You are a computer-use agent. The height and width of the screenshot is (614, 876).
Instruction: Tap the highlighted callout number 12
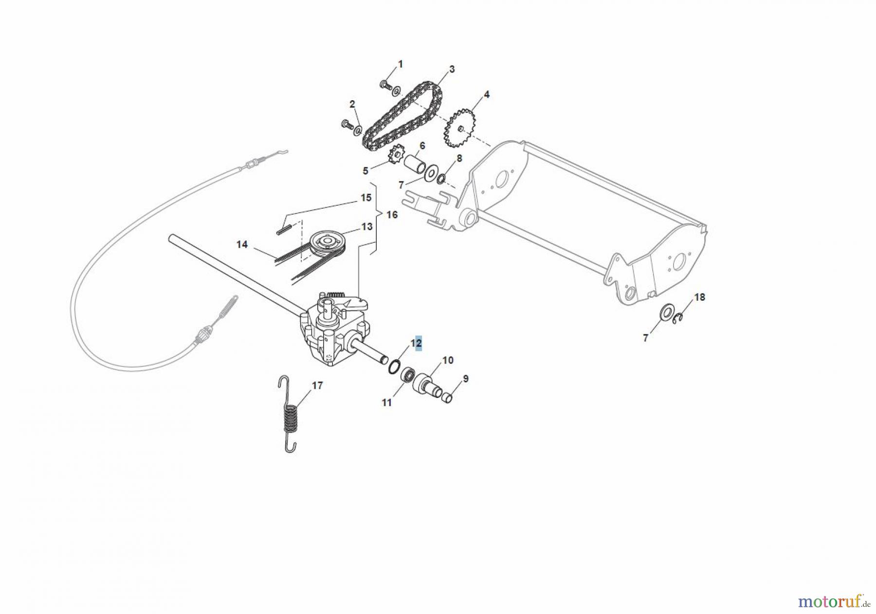click(x=416, y=343)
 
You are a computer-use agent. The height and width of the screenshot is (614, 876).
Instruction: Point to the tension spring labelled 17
click(x=291, y=416)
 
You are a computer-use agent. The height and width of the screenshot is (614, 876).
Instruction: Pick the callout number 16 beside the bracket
click(x=392, y=215)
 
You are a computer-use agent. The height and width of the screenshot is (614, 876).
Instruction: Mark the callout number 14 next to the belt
click(x=242, y=245)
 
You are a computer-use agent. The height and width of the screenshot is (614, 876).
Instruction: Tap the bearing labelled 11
click(x=408, y=376)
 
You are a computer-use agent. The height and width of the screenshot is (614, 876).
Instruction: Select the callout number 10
click(x=448, y=360)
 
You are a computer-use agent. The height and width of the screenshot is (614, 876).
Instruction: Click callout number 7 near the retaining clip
click(x=646, y=338)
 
